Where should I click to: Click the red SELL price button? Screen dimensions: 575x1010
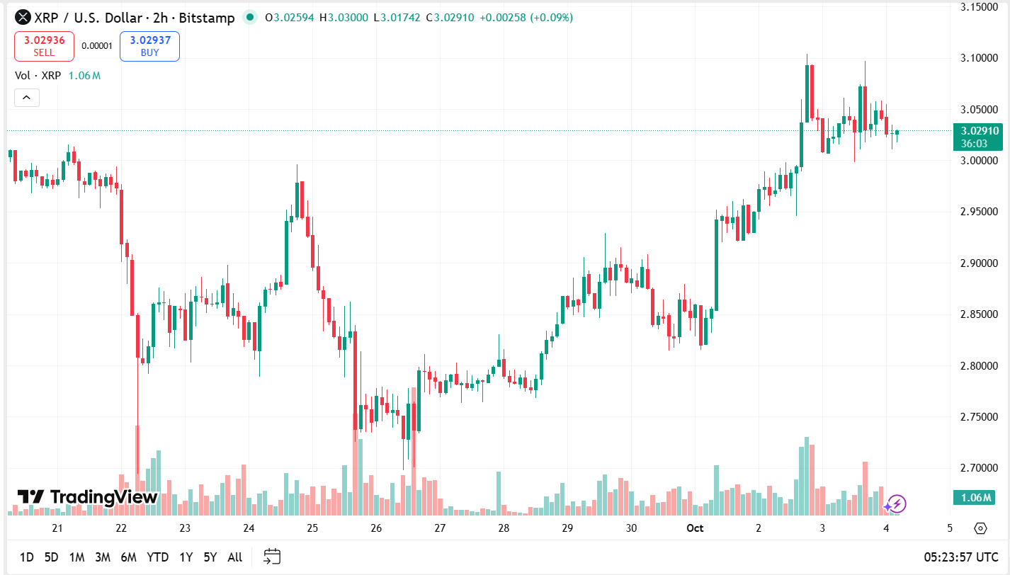tap(44, 46)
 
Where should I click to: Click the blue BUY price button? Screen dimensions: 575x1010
tap(149, 46)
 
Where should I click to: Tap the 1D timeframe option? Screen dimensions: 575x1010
tap(26, 557)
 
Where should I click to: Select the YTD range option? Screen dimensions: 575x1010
tap(157, 557)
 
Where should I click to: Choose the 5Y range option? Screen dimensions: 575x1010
tap(210, 557)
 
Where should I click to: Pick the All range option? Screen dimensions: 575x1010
tap(235, 557)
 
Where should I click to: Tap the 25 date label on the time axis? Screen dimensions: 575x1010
tap(312, 528)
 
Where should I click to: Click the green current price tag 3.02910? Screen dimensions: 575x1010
tap(978, 131)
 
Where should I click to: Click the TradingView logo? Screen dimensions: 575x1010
tap(87, 497)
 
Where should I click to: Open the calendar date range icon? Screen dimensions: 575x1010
tap(272, 557)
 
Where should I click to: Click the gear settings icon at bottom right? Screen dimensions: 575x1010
tap(980, 528)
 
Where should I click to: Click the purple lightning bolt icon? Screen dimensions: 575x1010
tap(896, 504)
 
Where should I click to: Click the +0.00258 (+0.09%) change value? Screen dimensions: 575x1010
tap(526, 18)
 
